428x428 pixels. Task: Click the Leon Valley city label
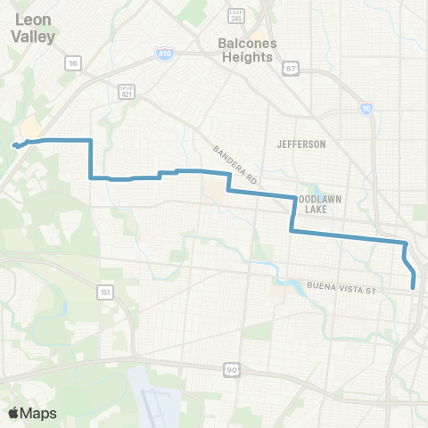click(34, 29)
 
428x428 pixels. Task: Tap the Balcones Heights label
click(245, 49)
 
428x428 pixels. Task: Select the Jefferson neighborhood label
click(301, 144)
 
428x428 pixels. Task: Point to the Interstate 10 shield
click(366, 108)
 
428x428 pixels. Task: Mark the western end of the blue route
click(13, 145)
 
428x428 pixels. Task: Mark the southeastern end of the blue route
click(415, 287)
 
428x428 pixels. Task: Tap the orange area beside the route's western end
click(29, 129)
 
